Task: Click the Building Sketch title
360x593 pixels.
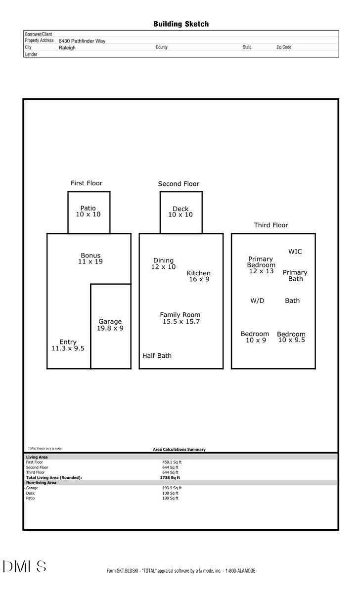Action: [180, 24]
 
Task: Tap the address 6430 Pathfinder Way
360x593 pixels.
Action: [82, 42]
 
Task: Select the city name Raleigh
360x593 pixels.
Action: [67, 48]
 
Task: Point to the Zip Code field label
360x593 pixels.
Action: [283, 47]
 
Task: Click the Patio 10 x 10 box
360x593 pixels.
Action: [89, 212]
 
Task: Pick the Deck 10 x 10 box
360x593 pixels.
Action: [180, 212]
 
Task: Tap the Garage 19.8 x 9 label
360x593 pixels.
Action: [110, 325]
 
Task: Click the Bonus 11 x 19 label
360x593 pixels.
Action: [90, 258]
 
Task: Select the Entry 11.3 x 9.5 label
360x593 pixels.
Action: [68, 345]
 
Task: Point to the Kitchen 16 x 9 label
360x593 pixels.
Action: [198, 276]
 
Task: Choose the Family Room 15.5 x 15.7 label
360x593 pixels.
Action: [180, 318]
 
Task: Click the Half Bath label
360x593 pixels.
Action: [157, 355]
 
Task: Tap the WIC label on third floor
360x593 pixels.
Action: [295, 252]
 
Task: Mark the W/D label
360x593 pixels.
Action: [257, 300]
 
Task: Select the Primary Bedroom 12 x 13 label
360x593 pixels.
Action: [261, 265]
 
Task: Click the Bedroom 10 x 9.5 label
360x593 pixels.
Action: [291, 337]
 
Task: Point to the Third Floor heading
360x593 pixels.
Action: [271, 225]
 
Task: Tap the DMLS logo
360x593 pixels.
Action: [24, 567]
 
